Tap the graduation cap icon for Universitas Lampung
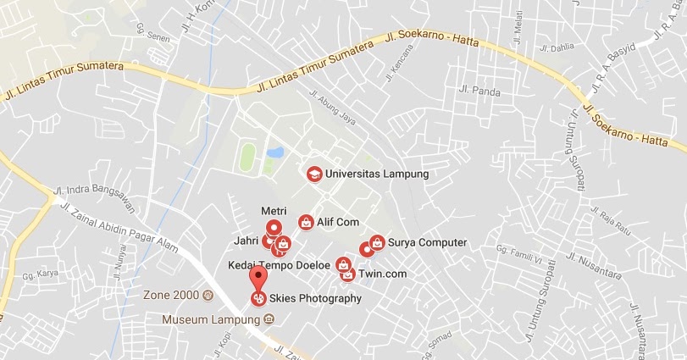[313, 174]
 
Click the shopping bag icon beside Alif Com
[305, 222]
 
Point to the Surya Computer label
[428, 243]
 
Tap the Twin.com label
[382, 274]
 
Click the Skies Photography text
[316, 298]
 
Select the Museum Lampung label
[212, 319]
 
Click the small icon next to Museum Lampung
[269, 319]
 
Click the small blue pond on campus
[274, 153]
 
